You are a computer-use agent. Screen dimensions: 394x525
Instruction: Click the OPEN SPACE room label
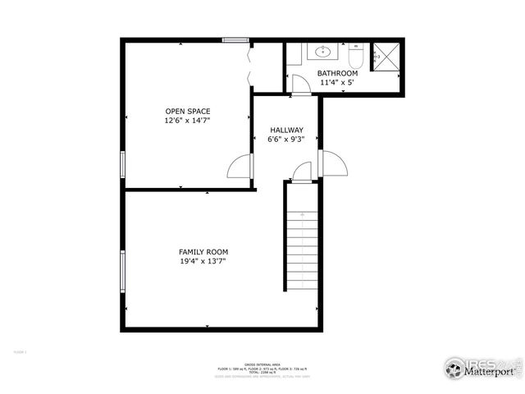[x=188, y=111]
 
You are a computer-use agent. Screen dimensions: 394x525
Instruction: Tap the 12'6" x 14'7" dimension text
[x=188, y=121]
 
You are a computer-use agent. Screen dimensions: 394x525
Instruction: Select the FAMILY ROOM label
[x=203, y=251]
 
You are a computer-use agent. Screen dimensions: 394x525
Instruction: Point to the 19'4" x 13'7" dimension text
[x=203, y=261]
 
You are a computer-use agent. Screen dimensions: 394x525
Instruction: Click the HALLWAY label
[x=286, y=130]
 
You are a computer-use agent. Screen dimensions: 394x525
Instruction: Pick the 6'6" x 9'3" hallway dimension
[x=286, y=140]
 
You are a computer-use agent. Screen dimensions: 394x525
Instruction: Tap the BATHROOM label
[x=338, y=73]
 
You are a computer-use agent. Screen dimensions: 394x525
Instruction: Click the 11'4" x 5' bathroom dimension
[x=338, y=82]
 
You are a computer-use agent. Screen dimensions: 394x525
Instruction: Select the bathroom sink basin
[x=322, y=52]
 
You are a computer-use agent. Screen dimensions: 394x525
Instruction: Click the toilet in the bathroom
[x=356, y=58]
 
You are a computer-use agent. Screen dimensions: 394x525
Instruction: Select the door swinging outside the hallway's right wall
[x=334, y=163]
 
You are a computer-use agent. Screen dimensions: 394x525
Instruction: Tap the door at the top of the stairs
[x=302, y=172]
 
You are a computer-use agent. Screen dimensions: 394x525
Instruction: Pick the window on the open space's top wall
[x=235, y=39]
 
